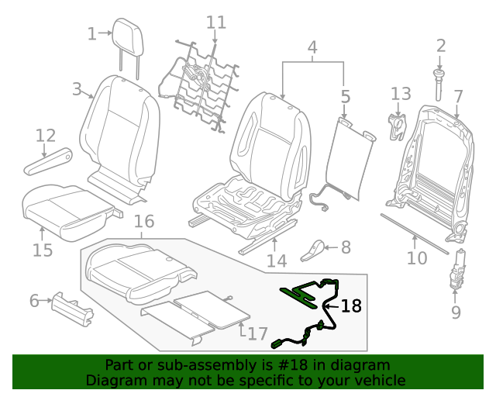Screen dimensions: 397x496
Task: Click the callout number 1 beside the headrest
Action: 92,33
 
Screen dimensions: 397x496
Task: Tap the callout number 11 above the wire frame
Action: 216,22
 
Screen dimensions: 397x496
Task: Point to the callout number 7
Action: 458,96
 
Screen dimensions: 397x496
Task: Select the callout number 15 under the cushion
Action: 43,250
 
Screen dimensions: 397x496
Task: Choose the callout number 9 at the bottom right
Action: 456,312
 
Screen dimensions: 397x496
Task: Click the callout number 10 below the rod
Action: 417,257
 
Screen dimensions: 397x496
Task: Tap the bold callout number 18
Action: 351,306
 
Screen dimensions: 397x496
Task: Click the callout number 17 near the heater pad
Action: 258,334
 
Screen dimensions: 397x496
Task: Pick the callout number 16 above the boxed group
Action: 144,223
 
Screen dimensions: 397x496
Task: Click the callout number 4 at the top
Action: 312,48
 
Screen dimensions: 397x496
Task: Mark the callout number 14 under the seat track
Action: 277,261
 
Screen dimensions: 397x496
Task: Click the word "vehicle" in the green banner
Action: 378,381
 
